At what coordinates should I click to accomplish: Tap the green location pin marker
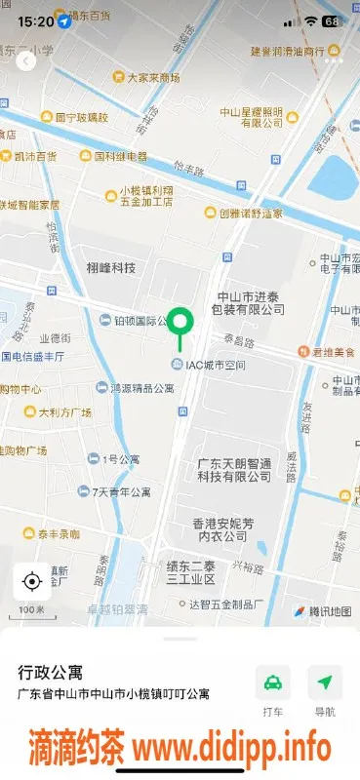point(180,321)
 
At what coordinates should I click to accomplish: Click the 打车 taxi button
point(273,690)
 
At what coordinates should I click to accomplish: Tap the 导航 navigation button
point(325,690)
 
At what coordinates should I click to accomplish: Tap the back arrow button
point(26,60)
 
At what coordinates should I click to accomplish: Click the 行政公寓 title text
point(51,673)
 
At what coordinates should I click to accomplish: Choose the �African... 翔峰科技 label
point(110,268)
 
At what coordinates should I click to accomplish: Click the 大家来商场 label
point(146,77)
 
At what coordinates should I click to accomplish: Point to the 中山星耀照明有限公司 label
point(252,117)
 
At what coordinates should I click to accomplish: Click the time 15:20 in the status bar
point(35,20)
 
